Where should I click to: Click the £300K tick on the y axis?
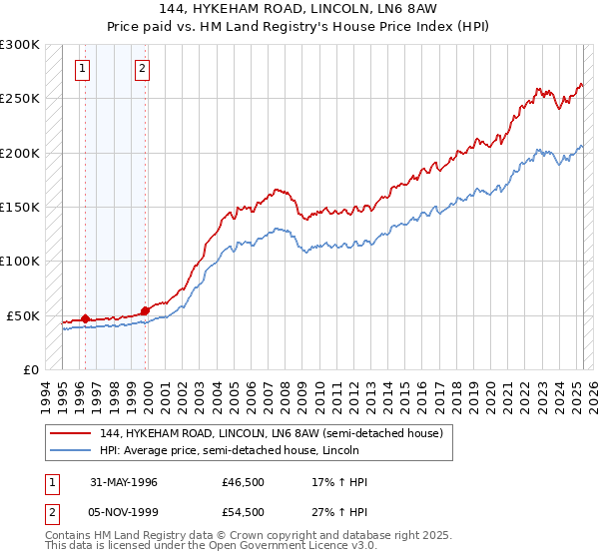coord(19,45)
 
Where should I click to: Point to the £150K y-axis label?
coord(19,207)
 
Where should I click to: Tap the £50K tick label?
coord(23,315)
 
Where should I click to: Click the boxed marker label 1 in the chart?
coord(81,69)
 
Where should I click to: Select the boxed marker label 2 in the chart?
coord(142,69)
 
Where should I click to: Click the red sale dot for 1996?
coord(86,318)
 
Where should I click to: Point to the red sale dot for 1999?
coord(146,310)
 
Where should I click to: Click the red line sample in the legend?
coord(71,432)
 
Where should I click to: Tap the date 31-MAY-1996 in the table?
coord(124,482)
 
